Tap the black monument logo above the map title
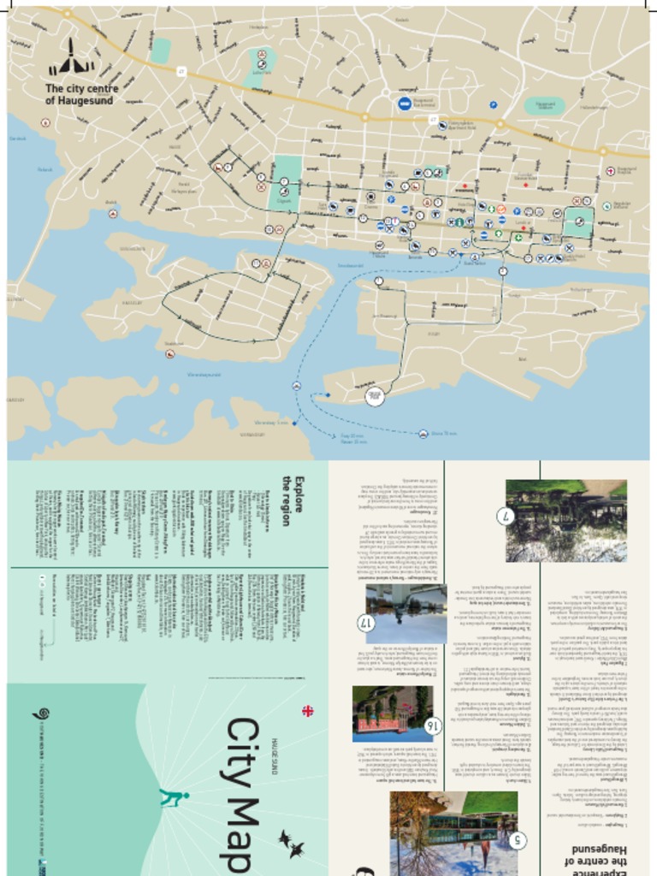[x=71, y=58]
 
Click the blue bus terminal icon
[x=404, y=104]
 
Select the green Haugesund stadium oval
[x=544, y=106]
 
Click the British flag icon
[x=307, y=710]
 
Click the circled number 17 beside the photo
[x=366, y=622]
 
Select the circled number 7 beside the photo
[x=506, y=516]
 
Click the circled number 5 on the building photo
[x=518, y=840]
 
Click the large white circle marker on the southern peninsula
[x=375, y=396]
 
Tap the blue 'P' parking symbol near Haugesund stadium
[x=494, y=105]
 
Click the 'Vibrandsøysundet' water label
[x=204, y=375]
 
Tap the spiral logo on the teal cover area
[x=36, y=713]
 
